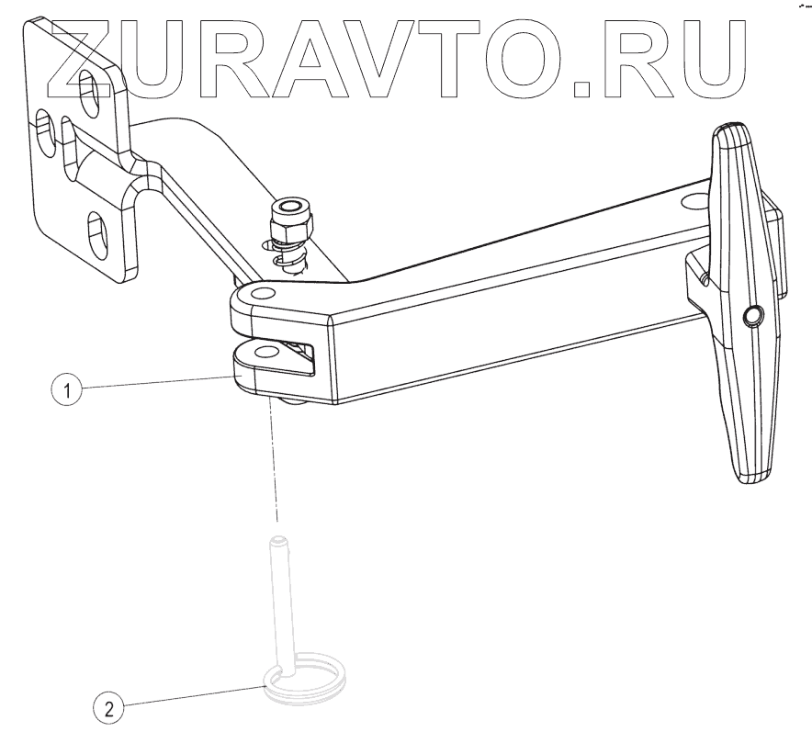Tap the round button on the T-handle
click(x=753, y=316)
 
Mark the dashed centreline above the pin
click(x=273, y=468)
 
